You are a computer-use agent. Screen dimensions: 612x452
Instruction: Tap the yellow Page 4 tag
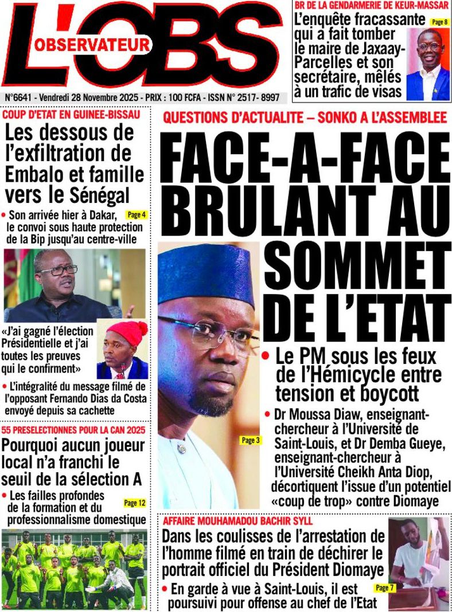click(x=137, y=215)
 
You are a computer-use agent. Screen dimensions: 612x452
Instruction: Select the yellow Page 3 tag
click(x=251, y=440)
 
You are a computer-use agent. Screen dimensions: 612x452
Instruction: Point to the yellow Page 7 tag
click(x=381, y=587)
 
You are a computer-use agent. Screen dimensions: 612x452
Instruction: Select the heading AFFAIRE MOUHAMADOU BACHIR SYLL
click(x=238, y=521)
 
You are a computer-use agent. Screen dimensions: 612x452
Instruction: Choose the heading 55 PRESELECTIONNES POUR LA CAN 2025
click(x=73, y=430)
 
